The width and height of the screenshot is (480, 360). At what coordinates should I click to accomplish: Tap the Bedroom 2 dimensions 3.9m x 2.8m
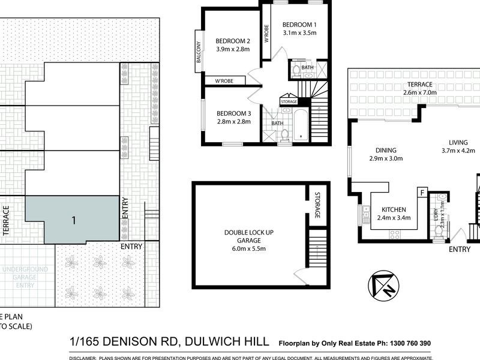coord(232,50)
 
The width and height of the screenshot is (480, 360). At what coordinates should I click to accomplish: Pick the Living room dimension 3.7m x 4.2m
coord(458,151)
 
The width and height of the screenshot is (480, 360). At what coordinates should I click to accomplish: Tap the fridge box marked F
coord(422,193)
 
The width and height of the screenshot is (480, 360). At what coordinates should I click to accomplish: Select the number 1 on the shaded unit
coord(73,220)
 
